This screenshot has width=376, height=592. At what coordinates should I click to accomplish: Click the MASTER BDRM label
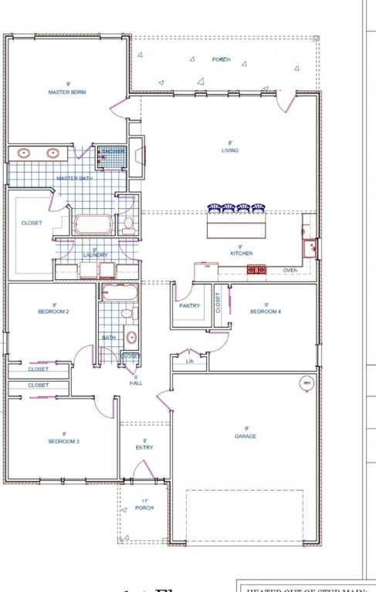pos(68,92)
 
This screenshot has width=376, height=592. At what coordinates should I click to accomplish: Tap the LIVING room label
pos(230,150)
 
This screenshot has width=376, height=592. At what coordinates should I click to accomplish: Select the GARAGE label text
pos(246,436)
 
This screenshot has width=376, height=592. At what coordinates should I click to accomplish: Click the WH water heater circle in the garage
pos(307,383)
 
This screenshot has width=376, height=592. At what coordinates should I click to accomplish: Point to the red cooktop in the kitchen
pos(256,270)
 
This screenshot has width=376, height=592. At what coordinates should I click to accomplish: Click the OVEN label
pos(290,271)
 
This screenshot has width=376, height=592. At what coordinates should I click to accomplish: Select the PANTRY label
pos(189,306)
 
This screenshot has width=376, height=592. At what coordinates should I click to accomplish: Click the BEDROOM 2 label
pos(54,312)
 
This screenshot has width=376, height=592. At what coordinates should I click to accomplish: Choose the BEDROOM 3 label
pos(54,442)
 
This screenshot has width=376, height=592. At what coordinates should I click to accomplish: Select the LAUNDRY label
pos(96,254)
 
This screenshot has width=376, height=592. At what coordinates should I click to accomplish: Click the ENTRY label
pos(144,447)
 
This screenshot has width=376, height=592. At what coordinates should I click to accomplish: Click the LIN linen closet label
pos(190,361)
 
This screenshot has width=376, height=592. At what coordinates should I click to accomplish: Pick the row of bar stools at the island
pos(237,207)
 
